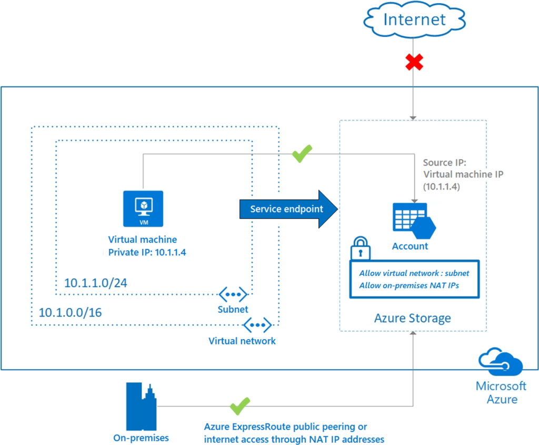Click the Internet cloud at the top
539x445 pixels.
pos(414,19)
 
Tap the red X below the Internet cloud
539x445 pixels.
pos(414,62)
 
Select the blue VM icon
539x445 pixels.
pos(143,209)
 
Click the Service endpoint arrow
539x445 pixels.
pos(288,209)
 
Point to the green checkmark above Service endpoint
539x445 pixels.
pos(302,153)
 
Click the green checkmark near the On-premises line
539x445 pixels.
pos(240,406)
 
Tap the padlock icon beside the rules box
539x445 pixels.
pos(360,248)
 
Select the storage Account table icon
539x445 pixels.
pos(414,221)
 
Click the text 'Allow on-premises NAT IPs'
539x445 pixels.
pos(409,285)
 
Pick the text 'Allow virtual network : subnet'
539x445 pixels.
pos(414,273)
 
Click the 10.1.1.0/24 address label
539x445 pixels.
pos(96,283)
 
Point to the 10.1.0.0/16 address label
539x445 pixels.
pos(70,313)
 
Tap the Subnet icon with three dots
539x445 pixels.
pos(233,294)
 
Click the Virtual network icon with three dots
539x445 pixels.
pos(257,325)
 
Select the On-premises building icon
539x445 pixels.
pos(141,407)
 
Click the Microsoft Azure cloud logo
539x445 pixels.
pos(501,361)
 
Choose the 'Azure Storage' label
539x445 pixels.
pos(413,318)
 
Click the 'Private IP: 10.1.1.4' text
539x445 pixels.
pos(147,252)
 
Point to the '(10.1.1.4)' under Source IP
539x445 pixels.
pos(442,187)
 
